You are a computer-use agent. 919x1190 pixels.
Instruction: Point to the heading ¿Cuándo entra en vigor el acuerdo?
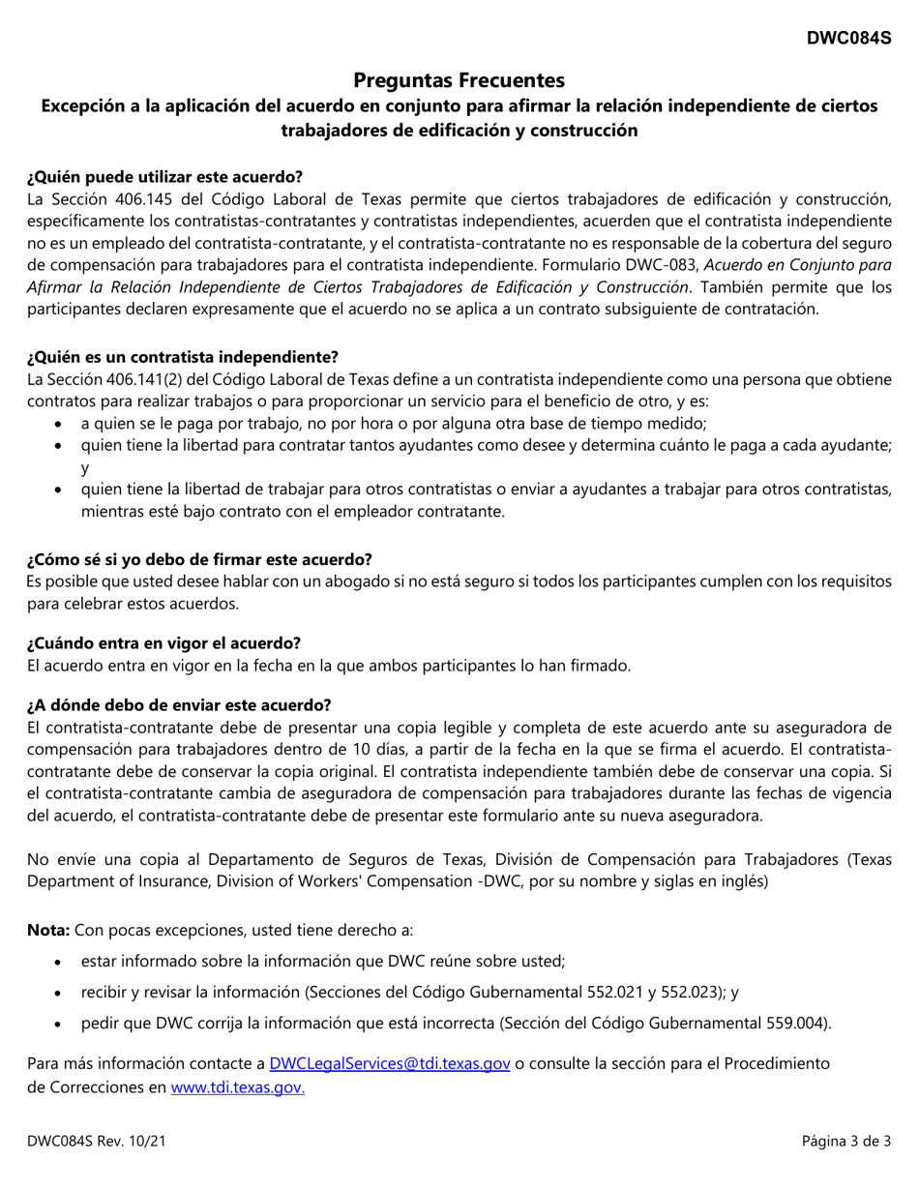click(163, 642)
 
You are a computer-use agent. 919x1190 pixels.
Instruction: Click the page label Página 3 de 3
click(845, 1141)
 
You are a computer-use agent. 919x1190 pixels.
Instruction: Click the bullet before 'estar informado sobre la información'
click(61, 962)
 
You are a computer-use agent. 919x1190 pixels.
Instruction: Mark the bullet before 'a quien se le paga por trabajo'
click(61, 424)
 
